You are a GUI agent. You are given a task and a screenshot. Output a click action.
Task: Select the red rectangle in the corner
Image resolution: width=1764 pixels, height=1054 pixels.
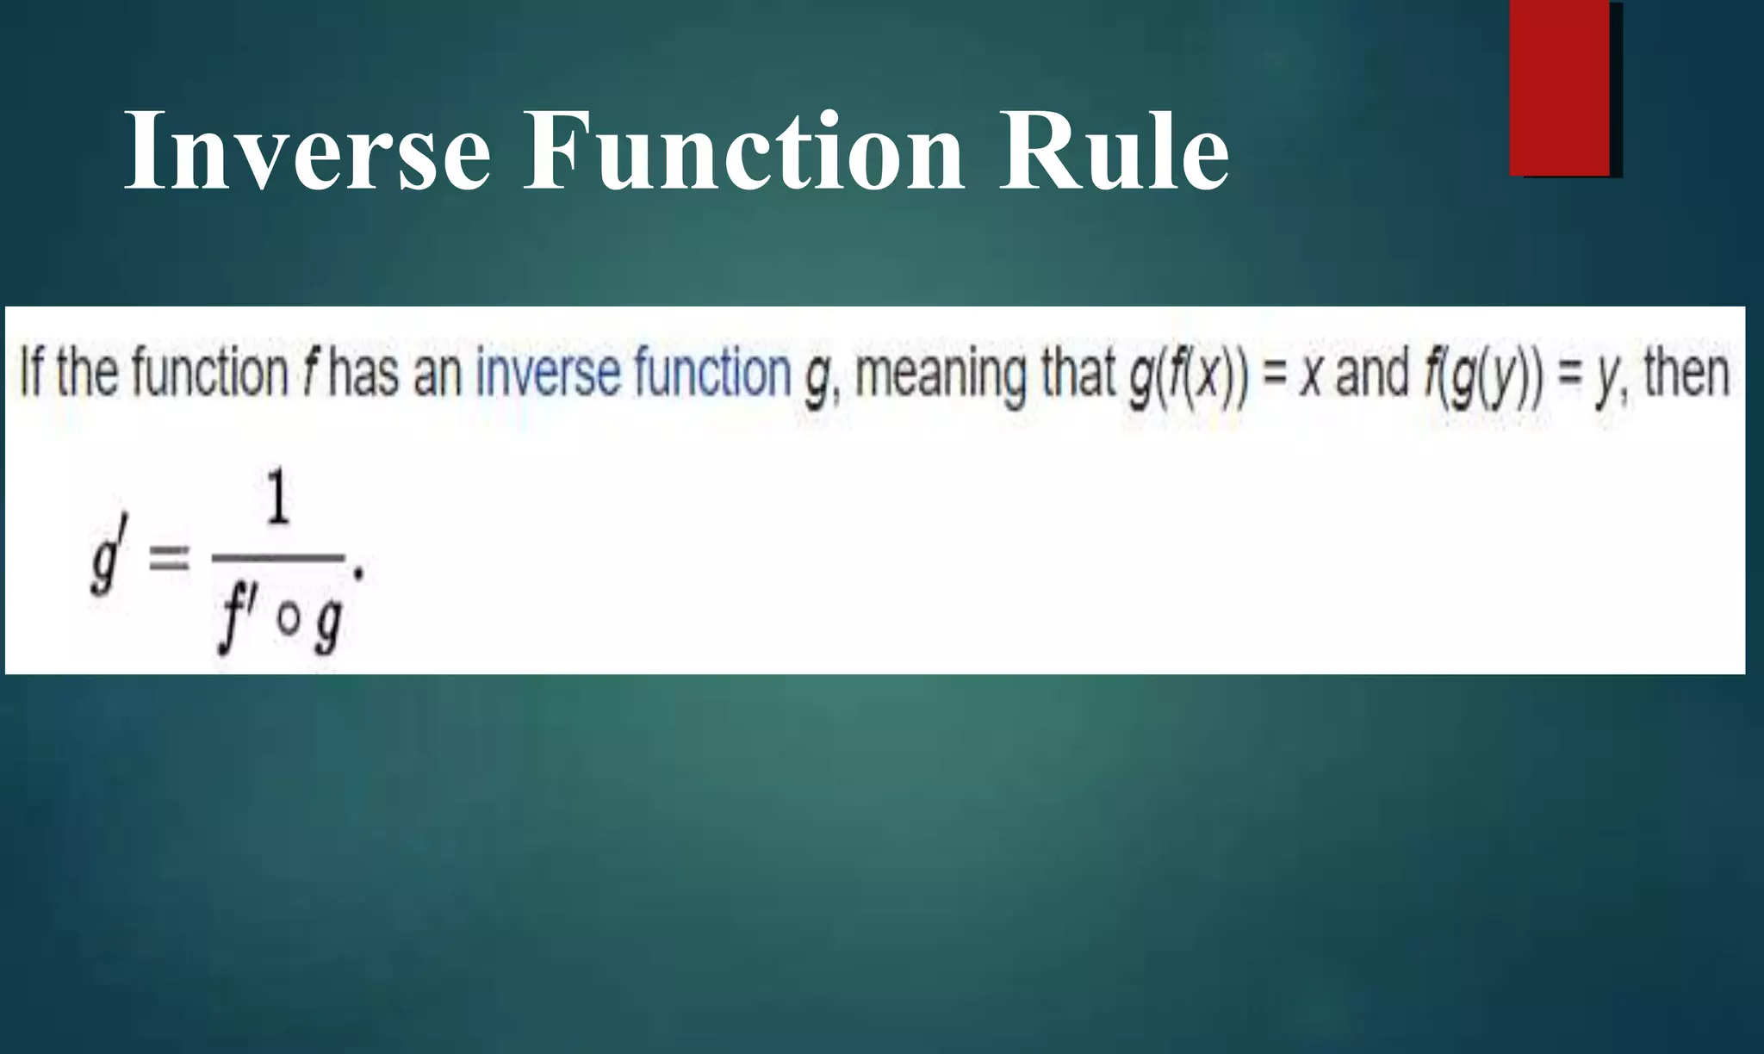[x=1560, y=89]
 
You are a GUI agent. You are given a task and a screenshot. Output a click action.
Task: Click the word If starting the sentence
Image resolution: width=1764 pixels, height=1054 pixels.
[x=32, y=373]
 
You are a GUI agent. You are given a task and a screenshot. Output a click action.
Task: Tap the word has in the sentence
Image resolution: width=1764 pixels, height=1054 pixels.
[x=363, y=374]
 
